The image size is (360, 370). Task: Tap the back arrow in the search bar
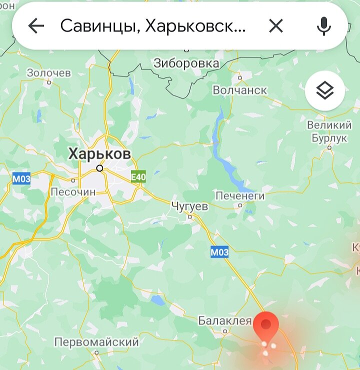(x=36, y=26)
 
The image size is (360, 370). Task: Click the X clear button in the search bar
(x=276, y=26)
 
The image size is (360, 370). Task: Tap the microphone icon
(x=324, y=26)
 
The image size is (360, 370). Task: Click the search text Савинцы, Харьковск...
(x=153, y=26)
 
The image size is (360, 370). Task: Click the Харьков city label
(x=99, y=153)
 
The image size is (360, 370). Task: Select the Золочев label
(x=49, y=73)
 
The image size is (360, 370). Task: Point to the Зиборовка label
(x=186, y=63)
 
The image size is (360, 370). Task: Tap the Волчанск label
(x=240, y=90)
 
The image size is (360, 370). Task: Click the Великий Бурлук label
(x=329, y=131)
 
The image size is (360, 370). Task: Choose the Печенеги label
(x=240, y=195)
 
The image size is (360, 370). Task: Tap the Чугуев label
(x=189, y=205)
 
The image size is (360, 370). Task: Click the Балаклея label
(x=224, y=320)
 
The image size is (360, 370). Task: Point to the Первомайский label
(x=96, y=342)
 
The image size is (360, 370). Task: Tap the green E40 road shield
(x=138, y=177)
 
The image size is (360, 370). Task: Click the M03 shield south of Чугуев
(x=219, y=252)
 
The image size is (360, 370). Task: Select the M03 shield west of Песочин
(x=21, y=178)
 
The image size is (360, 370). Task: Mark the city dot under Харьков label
(x=99, y=168)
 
